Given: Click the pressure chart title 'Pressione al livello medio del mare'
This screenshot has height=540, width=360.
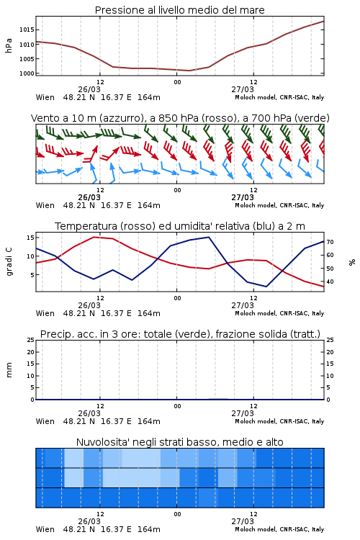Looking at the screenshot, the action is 179,10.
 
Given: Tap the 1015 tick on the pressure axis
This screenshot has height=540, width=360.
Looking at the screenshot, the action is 27,30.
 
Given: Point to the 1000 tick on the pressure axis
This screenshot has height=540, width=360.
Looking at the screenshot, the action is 27,73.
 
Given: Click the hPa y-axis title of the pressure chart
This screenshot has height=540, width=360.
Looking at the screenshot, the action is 9,45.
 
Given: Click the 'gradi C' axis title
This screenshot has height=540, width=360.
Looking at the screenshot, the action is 9,262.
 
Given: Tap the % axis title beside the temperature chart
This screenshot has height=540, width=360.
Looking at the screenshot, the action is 352,262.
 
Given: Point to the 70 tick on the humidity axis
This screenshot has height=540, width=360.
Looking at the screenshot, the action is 330,242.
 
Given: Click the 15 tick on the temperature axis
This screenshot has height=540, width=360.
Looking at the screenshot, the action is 30,238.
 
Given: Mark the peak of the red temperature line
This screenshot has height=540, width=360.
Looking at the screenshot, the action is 94,237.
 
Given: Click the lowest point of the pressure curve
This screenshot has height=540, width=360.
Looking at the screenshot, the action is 189,71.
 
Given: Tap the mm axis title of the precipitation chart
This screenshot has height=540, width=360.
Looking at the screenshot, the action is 9,370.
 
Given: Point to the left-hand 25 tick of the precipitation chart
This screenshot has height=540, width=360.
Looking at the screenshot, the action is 30,340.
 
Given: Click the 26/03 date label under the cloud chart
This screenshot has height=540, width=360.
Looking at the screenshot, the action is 89,521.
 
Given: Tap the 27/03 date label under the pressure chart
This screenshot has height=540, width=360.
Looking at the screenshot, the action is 243,89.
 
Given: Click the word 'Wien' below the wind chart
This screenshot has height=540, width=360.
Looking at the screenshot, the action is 45,205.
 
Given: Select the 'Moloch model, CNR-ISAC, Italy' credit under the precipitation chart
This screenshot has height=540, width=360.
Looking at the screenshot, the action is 279,421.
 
